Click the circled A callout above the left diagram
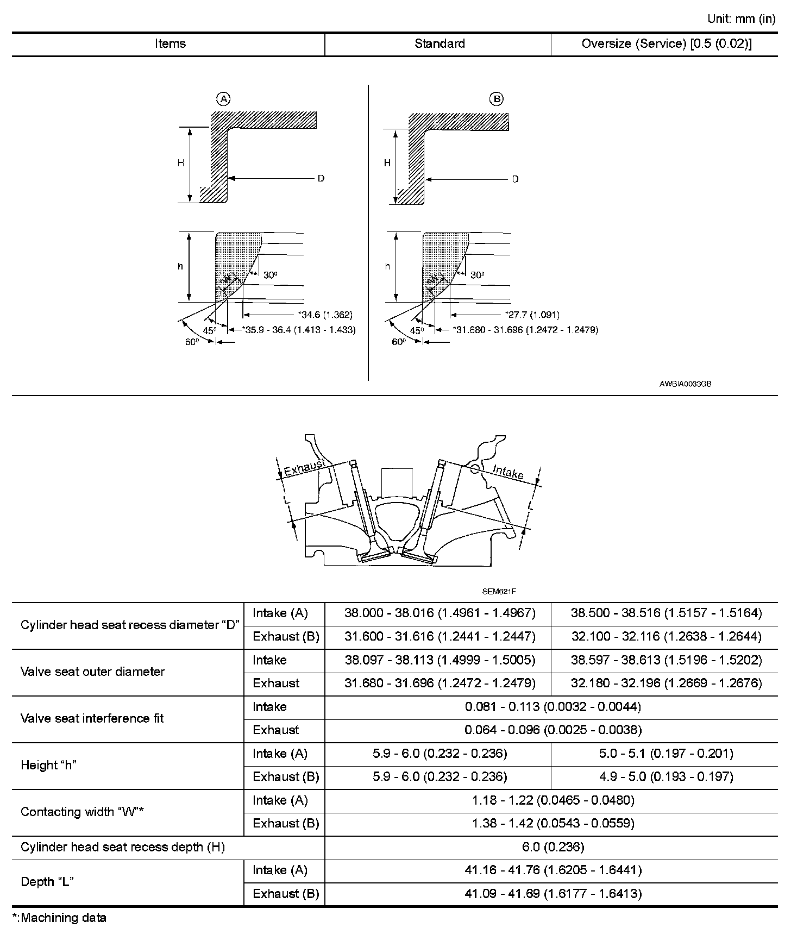click(223, 99)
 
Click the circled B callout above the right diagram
click(497, 99)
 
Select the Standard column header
click(440, 44)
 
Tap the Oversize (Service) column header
click(667, 44)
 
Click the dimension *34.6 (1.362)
click(325, 315)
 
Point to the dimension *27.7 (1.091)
click(532, 315)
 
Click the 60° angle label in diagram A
click(191, 342)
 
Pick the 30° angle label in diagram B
click(477, 275)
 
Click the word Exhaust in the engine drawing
click(305, 467)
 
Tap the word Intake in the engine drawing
click(508, 472)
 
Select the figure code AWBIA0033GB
click(685, 384)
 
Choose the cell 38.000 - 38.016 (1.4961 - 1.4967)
click(440, 613)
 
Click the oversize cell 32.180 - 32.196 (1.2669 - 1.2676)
click(667, 683)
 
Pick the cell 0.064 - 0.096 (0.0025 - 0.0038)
click(553, 730)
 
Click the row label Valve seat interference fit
click(92, 718)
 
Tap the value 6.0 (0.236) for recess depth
click(553, 847)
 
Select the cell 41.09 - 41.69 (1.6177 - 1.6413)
click(553, 894)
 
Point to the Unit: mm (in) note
click(741, 19)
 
